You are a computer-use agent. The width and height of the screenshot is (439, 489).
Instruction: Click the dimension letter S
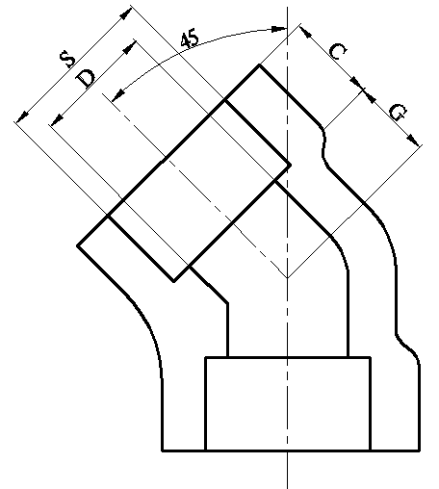67,59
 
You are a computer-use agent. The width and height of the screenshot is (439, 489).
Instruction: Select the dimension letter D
86,77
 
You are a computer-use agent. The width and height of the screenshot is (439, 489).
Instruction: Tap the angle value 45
190,39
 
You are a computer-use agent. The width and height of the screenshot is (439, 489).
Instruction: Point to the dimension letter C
338,51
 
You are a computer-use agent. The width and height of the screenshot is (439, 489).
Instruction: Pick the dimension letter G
399,112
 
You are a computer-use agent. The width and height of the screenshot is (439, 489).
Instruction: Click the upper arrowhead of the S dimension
126,13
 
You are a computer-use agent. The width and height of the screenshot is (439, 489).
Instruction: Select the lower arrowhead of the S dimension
22,116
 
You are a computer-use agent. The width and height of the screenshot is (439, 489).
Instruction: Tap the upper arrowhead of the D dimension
130,47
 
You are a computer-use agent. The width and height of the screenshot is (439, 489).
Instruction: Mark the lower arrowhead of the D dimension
57,120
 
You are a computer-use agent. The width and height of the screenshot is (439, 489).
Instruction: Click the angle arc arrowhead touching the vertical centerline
278,29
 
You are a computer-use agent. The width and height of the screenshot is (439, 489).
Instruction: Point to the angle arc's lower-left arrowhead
118,95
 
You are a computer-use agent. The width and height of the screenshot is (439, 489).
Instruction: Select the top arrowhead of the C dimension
305,32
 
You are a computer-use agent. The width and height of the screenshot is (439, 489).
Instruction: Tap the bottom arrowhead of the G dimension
413,141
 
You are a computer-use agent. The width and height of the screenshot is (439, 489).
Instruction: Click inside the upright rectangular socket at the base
288,403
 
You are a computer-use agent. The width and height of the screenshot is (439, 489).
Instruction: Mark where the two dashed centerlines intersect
287,278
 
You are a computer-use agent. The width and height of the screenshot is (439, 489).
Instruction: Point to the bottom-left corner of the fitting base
163,450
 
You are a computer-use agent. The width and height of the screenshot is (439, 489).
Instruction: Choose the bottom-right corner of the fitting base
420,450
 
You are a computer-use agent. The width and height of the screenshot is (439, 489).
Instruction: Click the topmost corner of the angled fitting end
259,65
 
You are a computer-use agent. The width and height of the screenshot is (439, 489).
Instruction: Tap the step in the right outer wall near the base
407,347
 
